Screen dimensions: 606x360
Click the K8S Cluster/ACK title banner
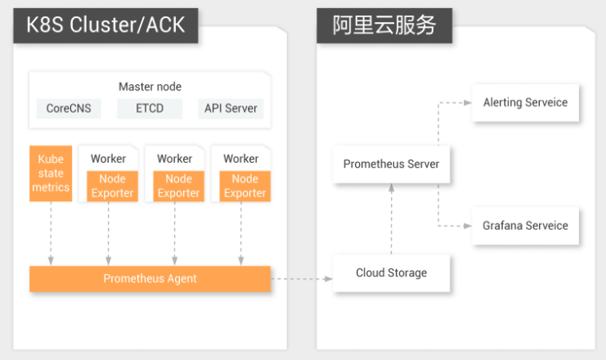(x=105, y=25)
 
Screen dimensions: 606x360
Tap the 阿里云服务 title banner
(x=384, y=25)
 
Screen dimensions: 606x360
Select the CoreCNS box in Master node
(x=69, y=108)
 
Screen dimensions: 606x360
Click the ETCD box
(x=150, y=108)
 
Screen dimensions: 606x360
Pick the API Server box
(x=231, y=108)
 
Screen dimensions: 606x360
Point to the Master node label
(x=150, y=87)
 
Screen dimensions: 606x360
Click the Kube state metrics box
(x=51, y=173)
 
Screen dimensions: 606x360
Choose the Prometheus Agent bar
(x=150, y=278)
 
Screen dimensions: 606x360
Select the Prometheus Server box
(x=392, y=164)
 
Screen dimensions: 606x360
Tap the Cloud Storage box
(x=392, y=272)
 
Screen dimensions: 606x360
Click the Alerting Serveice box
(x=525, y=102)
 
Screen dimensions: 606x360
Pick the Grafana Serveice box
(x=525, y=226)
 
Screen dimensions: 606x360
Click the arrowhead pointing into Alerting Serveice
(x=468, y=103)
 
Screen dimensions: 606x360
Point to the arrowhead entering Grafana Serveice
(x=468, y=226)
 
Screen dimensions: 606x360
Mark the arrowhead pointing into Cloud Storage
(x=329, y=279)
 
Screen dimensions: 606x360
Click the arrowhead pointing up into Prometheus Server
(x=392, y=188)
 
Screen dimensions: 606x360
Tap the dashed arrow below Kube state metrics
(x=51, y=233)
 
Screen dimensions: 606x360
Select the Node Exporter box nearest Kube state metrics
(x=113, y=186)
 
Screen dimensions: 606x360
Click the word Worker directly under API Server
(x=240, y=159)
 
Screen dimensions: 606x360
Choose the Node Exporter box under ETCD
(x=178, y=186)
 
